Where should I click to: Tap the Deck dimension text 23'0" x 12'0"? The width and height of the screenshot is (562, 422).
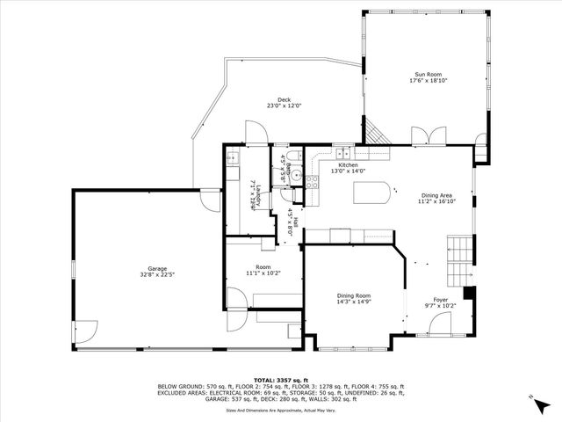coord(284,105)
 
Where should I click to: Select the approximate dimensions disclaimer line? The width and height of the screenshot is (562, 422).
coord(281,410)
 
